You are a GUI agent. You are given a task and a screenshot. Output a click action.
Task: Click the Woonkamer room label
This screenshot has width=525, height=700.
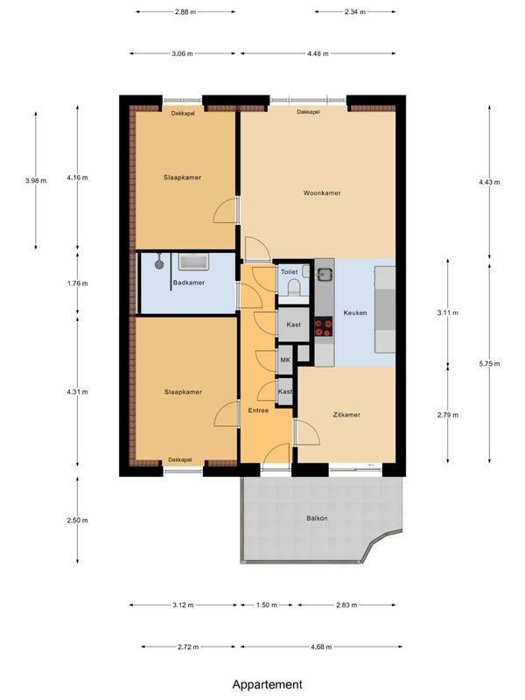coord(322,192)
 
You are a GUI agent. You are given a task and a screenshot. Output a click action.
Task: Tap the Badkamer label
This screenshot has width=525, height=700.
coord(189,283)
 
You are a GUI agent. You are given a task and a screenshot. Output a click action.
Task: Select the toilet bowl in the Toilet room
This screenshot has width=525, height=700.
coord(294,287)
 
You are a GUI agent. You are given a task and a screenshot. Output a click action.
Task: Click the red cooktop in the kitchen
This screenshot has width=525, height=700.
coord(323,326)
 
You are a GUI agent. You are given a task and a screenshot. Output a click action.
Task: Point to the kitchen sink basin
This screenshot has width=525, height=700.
coord(325,274)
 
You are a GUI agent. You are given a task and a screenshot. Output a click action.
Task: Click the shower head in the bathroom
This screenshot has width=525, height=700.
coord(159,263)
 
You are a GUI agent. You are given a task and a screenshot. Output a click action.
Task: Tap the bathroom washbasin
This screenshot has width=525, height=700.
coord(193,262)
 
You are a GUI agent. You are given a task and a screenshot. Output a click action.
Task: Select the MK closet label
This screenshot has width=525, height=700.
coord(285,360)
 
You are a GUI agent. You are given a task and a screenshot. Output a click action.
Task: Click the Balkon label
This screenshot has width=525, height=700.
coord(317,518)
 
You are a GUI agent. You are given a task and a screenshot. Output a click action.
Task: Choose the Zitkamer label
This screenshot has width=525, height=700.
coord(346,415)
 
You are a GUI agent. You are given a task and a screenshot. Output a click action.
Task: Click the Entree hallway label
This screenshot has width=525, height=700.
coord(258,410)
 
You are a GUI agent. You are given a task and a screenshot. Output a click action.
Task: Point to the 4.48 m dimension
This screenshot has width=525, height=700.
coord(318,53)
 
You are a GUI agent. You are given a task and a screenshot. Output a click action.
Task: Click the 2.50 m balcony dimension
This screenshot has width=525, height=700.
coord(77,520)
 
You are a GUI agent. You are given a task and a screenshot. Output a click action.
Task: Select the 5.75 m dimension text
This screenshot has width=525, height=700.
coord(489,364)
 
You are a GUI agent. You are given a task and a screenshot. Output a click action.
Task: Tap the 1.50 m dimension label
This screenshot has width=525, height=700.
coord(267,605)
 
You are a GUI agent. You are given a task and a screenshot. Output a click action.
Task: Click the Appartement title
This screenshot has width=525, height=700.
coord(268,684)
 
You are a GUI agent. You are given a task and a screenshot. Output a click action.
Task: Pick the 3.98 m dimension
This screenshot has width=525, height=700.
coord(36,181)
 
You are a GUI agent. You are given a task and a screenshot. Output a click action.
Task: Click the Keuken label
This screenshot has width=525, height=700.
coord(355,312)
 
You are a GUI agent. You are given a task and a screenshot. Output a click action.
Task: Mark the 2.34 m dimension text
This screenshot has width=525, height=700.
coord(355,12)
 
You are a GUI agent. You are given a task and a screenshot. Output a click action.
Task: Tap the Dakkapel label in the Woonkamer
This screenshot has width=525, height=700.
coord(309,112)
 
